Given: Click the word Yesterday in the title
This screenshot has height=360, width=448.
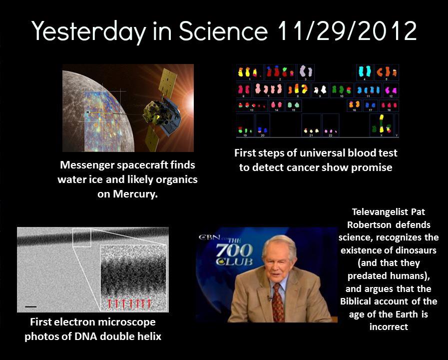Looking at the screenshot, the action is pyautogui.click(x=89, y=31).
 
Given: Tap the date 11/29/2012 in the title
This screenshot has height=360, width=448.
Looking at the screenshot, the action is pyautogui.click(x=347, y=30).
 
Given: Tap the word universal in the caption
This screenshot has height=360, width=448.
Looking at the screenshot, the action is pyautogui.click(x=322, y=153).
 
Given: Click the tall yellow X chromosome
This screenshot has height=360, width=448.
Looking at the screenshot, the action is pyautogui.click(x=382, y=123).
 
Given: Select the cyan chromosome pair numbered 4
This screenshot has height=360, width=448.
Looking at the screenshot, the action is pyautogui.click(x=364, y=71).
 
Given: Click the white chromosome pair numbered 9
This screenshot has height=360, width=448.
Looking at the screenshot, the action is pyautogui.click(x=320, y=90).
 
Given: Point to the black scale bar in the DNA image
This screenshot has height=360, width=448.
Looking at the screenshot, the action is pyautogui.click(x=31, y=306).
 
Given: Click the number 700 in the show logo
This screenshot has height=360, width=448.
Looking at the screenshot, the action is pyautogui.click(x=234, y=250).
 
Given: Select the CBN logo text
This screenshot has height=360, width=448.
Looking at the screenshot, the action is pyautogui.click(x=209, y=237).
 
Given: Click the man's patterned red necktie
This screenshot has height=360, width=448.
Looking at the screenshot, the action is pyautogui.click(x=278, y=302).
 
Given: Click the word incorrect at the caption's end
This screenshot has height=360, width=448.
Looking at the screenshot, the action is pyautogui.click(x=389, y=327).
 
